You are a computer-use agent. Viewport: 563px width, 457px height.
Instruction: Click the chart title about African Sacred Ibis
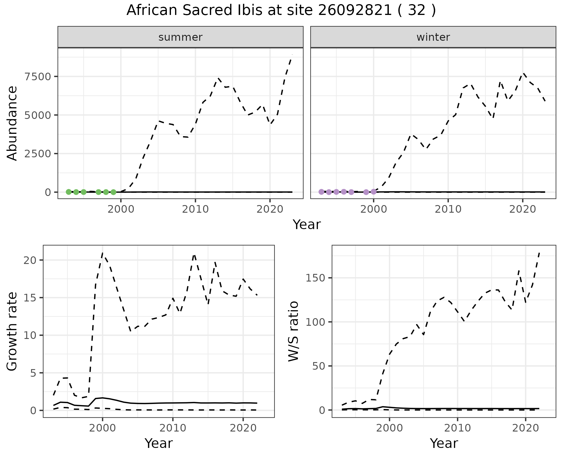(281, 11)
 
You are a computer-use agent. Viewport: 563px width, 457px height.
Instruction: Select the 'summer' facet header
(180, 37)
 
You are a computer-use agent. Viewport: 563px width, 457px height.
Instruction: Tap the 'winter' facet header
(433, 37)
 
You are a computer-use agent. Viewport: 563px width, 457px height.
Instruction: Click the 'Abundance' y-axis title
(12, 123)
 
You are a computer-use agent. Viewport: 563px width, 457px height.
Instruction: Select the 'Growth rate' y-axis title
(12, 332)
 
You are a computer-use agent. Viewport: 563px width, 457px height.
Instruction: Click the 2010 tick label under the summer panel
(195, 209)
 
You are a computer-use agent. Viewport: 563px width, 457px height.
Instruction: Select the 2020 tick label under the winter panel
(522, 209)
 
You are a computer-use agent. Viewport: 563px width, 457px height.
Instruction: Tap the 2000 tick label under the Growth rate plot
(102, 428)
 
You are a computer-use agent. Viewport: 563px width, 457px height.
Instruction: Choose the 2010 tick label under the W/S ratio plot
(457, 428)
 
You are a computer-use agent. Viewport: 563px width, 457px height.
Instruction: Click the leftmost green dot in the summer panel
(69, 192)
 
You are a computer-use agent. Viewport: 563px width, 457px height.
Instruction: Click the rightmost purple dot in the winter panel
(373, 192)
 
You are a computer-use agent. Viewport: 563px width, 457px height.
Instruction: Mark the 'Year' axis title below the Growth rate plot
(159, 444)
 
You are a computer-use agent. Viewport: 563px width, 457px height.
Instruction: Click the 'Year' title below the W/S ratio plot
(444, 444)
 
